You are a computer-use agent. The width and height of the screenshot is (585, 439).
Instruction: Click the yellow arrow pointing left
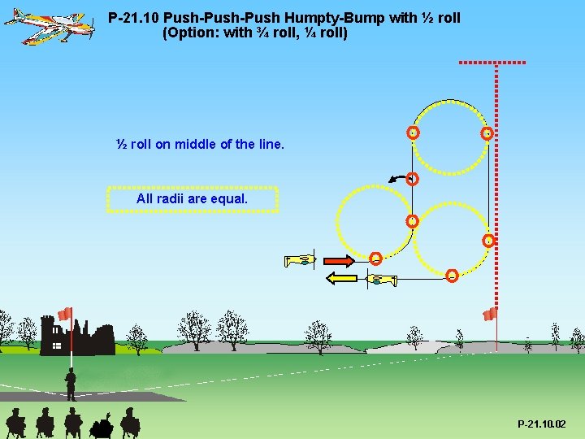(x=342, y=279)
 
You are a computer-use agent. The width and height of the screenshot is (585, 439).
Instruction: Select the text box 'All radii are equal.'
(x=193, y=199)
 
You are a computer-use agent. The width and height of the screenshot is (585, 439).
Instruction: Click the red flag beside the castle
(x=65, y=314)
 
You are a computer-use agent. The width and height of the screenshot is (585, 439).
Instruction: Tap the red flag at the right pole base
(x=490, y=314)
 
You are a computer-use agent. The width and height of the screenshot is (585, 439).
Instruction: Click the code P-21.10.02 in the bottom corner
(x=542, y=424)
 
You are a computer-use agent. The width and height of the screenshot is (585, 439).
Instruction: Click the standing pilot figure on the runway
(x=71, y=384)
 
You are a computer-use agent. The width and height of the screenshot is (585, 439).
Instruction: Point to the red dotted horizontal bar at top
(x=492, y=62)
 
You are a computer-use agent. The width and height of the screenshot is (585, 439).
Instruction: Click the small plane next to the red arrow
(x=298, y=261)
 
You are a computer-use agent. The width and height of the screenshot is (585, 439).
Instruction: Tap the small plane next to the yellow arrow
(x=379, y=280)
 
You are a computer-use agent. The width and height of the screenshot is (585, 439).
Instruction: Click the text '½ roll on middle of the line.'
(x=201, y=145)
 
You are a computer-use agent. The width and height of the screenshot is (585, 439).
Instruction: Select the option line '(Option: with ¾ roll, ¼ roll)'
(x=255, y=34)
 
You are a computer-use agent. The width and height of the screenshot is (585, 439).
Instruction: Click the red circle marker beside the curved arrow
(x=412, y=179)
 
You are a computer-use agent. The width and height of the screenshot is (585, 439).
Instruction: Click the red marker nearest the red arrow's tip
(x=375, y=259)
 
